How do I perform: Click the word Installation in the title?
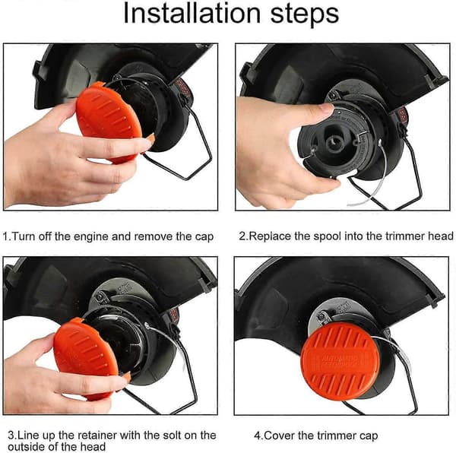click(x=192, y=12)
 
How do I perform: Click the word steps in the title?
click(x=305, y=14)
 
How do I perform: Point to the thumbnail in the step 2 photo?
click(x=326, y=109)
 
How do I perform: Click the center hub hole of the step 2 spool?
click(x=334, y=142)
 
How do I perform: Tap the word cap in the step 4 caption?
click(x=369, y=437)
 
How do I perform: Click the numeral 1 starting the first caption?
click(x=6, y=236)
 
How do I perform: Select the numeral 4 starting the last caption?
click(x=258, y=436)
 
